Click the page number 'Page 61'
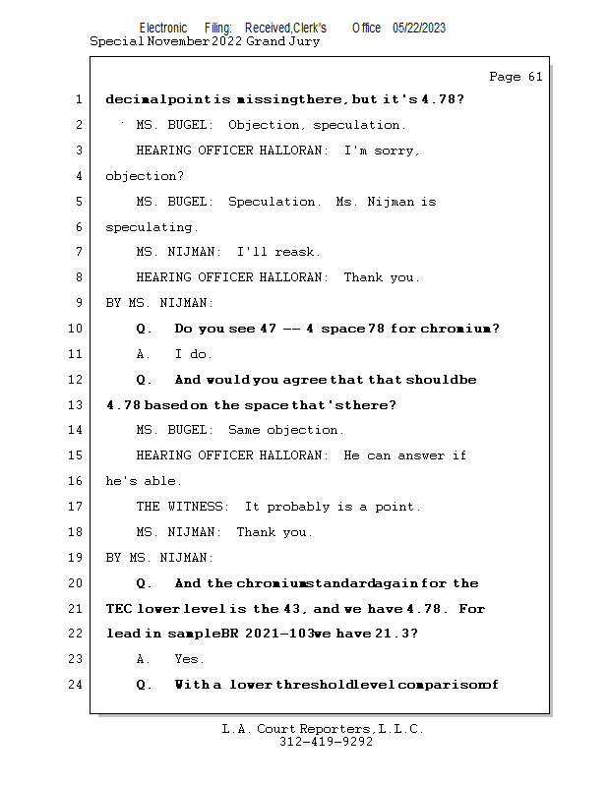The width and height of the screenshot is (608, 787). click(515, 77)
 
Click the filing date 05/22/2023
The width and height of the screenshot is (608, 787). click(418, 29)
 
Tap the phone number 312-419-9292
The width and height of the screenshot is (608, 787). click(324, 742)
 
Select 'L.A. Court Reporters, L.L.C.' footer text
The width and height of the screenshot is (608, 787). click(323, 729)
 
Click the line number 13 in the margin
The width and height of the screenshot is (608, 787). click(76, 405)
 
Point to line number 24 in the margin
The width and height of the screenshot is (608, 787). click(76, 685)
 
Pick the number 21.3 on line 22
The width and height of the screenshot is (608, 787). click(395, 634)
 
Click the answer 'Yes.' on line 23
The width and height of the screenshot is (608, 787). click(190, 659)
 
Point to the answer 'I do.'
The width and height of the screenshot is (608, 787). click(193, 354)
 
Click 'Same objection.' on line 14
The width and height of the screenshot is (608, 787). click(285, 430)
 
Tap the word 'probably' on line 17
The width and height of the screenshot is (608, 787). click(300, 507)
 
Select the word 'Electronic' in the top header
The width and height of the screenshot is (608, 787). click(163, 29)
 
